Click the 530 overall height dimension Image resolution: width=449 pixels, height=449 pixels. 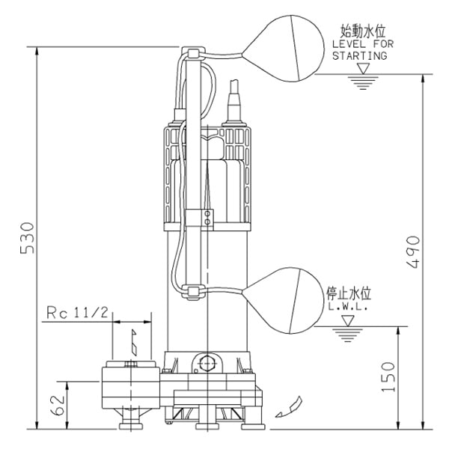pyautogui.click(x=25, y=238)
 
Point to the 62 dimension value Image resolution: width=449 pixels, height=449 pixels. pyautogui.click(x=56, y=405)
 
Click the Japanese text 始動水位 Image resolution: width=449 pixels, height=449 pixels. pyautogui.click(x=362, y=32)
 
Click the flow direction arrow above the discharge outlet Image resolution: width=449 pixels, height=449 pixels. pyautogui.click(x=133, y=343)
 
